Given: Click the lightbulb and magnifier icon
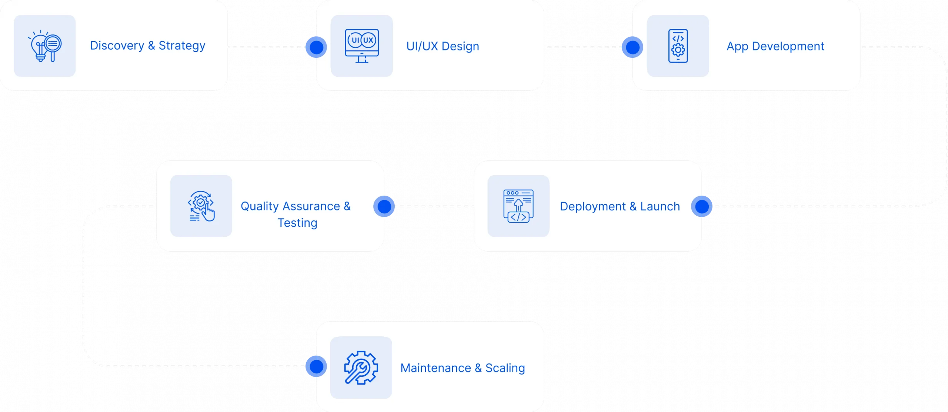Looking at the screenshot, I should [x=45, y=46].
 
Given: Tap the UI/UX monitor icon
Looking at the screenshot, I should [x=362, y=46].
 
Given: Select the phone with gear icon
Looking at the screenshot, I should [x=678, y=46].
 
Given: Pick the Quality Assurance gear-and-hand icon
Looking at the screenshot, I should [x=201, y=206].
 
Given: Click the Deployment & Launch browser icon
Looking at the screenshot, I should [x=518, y=206].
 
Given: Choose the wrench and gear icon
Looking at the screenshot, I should [x=361, y=368].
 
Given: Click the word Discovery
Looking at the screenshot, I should [x=117, y=46].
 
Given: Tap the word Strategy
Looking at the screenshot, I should [x=182, y=46].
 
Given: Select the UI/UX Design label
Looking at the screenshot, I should [x=443, y=46].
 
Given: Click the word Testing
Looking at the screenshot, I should [x=297, y=223].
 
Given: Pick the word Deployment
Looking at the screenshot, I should [x=592, y=206].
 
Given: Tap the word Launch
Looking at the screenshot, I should [x=660, y=206].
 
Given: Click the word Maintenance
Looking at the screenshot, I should [x=435, y=368].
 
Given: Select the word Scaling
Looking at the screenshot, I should [x=505, y=368].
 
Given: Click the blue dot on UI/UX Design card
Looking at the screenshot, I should [x=316, y=47].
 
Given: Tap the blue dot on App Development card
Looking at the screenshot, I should [x=632, y=47].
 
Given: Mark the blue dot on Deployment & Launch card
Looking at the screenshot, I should [x=702, y=206].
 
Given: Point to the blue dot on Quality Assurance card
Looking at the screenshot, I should [x=384, y=206].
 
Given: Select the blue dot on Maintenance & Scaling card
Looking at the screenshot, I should [x=316, y=366].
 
